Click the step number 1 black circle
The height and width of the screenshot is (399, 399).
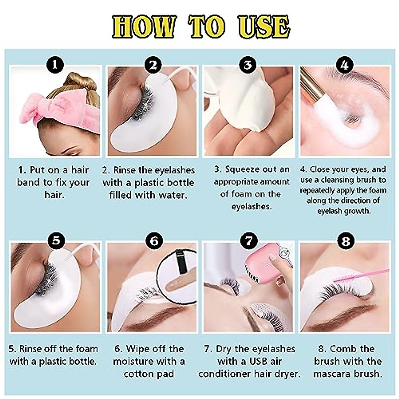[55, 65]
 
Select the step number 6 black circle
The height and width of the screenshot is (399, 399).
[154, 240]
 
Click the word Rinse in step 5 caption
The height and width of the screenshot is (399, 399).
[31, 349]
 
